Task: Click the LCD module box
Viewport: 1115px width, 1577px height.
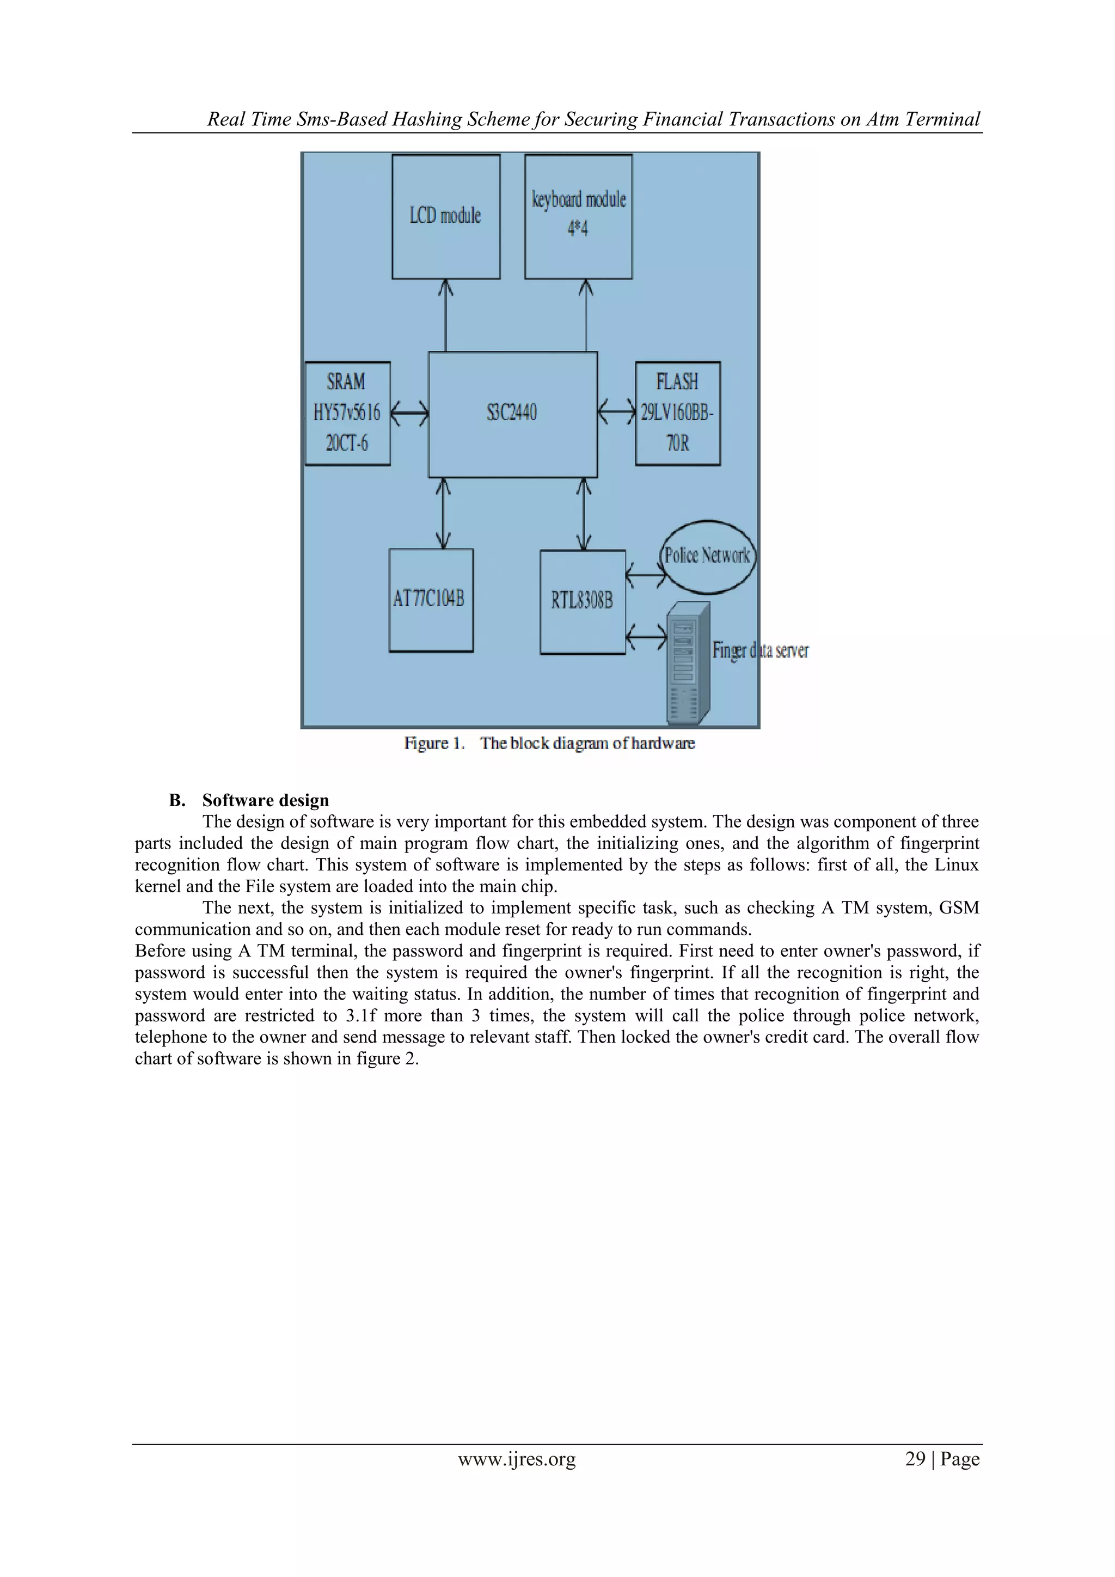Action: [x=445, y=216]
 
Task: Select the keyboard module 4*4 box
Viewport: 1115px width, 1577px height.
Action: [x=578, y=216]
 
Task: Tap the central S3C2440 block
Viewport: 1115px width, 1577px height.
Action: [x=513, y=414]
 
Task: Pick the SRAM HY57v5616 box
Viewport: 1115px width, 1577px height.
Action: [x=347, y=413]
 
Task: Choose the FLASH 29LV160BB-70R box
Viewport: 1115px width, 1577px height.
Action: [x=678, y=413]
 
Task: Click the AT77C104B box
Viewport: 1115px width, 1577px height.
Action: [x=431, y=600]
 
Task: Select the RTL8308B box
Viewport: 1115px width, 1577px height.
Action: [x=582, y=602]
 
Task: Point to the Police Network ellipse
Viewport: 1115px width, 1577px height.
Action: [x=707, y=556]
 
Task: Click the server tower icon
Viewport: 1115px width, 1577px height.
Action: [x=688, y=663]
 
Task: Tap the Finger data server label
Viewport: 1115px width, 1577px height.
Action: [x=761, y=650]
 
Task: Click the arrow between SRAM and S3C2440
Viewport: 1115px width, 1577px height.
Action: [x=409, y=413]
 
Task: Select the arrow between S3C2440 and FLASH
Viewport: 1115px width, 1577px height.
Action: [x=616, y=413]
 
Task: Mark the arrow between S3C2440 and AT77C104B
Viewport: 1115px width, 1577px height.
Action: [x=444, y=513]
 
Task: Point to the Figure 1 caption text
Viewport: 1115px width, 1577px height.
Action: [x=549, y=743]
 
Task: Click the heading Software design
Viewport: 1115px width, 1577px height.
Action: [x=266, y=800]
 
